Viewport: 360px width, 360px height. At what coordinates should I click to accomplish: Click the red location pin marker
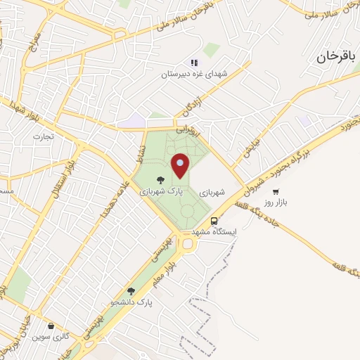pos(181,167)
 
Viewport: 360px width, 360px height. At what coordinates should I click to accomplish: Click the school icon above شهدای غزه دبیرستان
pos(194,63)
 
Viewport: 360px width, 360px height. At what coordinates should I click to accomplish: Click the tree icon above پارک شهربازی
pos(161,179)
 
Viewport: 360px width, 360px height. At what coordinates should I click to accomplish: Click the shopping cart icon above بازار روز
pos(276,191)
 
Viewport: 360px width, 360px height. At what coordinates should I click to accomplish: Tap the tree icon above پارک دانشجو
pos(131,290)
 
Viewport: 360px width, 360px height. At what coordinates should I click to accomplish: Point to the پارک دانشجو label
pos(131,302)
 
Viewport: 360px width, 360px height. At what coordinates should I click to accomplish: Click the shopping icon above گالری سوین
pos(51,326)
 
